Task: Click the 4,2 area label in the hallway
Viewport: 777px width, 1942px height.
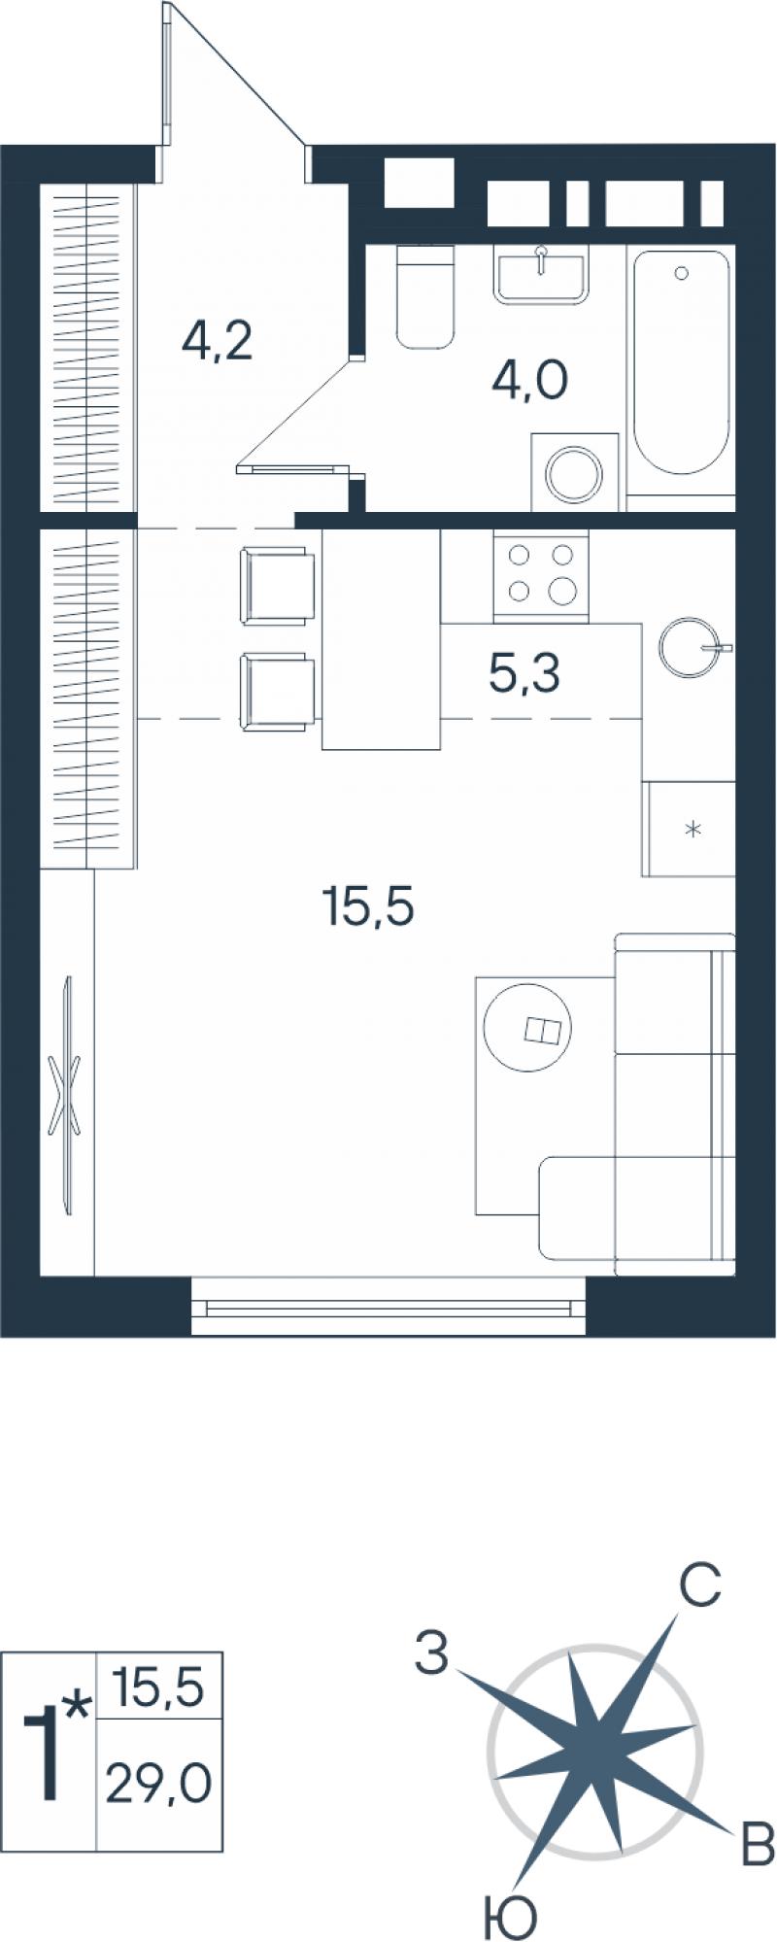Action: (x=218, y=342)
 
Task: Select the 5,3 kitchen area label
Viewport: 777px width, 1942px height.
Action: (x=524, y=674)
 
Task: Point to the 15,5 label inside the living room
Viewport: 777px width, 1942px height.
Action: (x=368, y=907)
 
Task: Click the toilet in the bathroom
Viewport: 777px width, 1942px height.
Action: (x=425, y=296)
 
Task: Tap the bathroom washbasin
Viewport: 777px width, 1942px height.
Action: (x=542, y=275)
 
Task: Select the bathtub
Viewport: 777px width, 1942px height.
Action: (x=681, y=361)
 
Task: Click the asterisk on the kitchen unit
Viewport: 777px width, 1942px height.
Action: (x=693, y=830)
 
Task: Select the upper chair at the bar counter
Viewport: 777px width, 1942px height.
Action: (x=277, y=586)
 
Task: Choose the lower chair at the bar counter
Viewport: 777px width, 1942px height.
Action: (x=277, y=691)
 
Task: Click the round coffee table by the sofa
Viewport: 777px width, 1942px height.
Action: (x=528, y=1030)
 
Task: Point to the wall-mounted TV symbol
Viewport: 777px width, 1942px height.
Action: (x=67, y=1095)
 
